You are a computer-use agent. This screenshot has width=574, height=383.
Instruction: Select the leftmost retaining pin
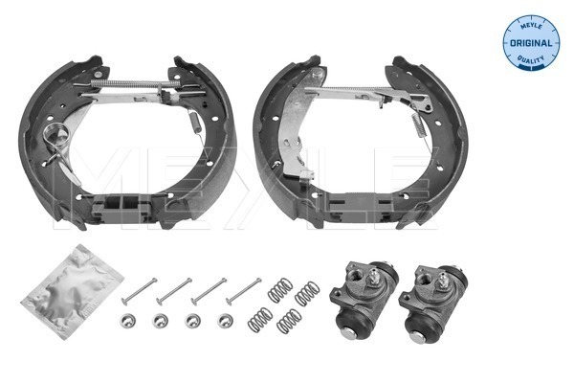click(141, 286)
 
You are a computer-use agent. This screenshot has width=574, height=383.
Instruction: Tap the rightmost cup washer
click(226, 319)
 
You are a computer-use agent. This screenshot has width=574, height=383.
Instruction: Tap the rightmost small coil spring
click(305, 293)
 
